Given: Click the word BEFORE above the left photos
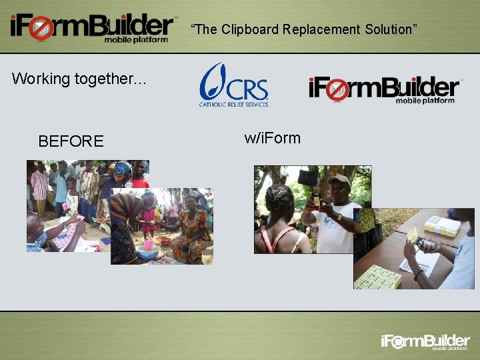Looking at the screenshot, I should pyautogui.click(x=71, y=141).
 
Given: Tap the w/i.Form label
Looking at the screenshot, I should pyautogui.click(x=272, y=138).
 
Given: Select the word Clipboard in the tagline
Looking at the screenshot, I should pyautogui.click(x=249, y=29).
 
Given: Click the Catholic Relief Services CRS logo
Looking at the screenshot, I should pyautogui.click(x=234, y=85).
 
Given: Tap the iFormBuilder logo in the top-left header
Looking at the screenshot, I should pyautogui.click(x=92, y=28).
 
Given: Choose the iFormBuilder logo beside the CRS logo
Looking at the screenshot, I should pyautogui.click(x=384, y=90).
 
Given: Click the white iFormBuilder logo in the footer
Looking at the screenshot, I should pyautogui.click(x=425, y=342).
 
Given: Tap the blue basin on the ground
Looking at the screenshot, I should pyautogui.click(x=147, y=253).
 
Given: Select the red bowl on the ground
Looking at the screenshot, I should pyautogui.click(x=163, y=241).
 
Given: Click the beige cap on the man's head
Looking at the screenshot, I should pyautogui.click(x=339, y=180).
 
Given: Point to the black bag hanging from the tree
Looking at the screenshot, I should pyautogui.click(x=307, y=176).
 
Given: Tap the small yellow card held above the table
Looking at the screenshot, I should pyautogui.click(x=413, y=235).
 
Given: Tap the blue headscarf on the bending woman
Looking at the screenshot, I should pyautogui.click(x=123, y=169).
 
